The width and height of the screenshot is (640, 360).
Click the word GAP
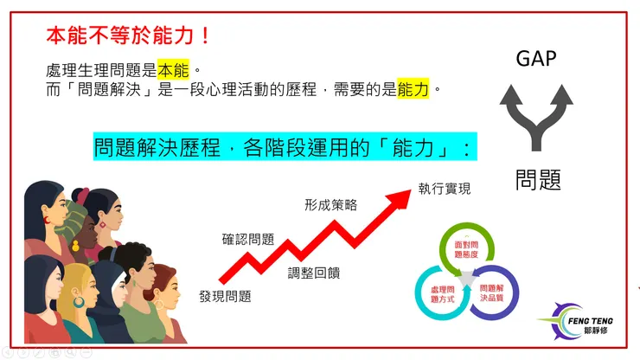(x=535, y=59)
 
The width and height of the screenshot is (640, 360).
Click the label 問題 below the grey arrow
(x=538, y=179)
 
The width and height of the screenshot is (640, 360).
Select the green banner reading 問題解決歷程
(x=285, y=148)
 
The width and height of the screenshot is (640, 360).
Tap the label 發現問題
(x=225, y=296)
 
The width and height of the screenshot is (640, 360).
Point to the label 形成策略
(x=330, y=205)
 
